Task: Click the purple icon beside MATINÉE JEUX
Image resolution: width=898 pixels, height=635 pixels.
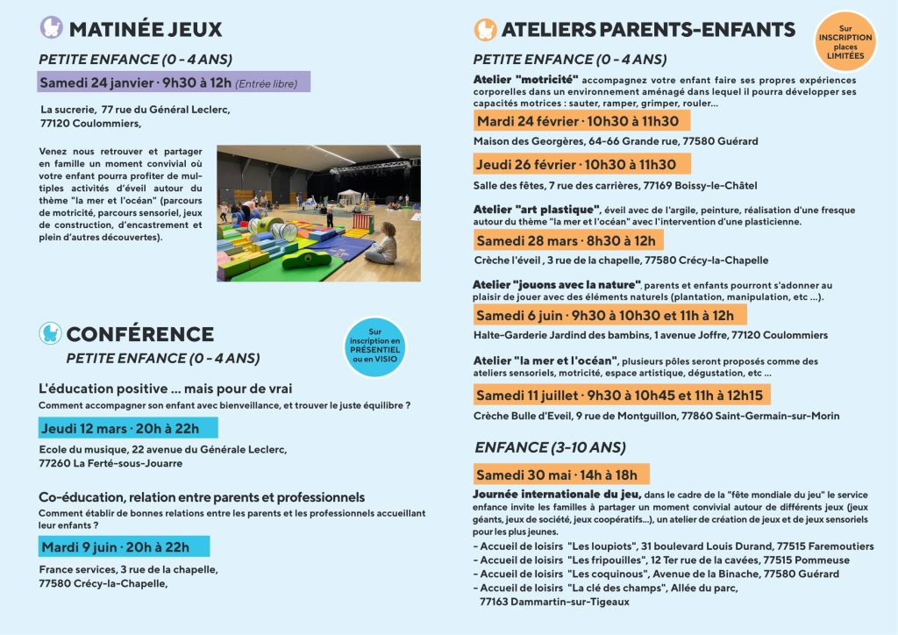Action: pos(52,28)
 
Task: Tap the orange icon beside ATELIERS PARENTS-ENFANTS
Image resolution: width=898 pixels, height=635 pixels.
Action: pos(485,30)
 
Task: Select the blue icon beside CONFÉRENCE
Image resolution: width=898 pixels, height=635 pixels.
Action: pos(50,333)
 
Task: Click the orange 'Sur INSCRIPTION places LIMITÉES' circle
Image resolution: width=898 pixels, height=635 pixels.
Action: pos(845,42)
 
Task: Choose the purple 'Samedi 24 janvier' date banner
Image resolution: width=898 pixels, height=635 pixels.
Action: pos(174,83)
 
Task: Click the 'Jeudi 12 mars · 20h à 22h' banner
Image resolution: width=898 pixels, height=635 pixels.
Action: pos(128,428)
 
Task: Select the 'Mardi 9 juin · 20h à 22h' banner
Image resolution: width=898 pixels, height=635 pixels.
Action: pos(124,546)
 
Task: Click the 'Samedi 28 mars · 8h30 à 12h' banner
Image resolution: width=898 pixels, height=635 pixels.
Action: pos(567,239)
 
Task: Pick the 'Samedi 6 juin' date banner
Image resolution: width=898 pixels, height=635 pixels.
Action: pos(609,315)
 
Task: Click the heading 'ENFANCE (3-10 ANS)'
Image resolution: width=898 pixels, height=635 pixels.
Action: pos(550,447)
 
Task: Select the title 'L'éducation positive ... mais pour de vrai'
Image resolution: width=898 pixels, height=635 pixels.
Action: pos(165,389)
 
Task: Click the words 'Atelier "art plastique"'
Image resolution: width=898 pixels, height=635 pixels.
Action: pos(536,209)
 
